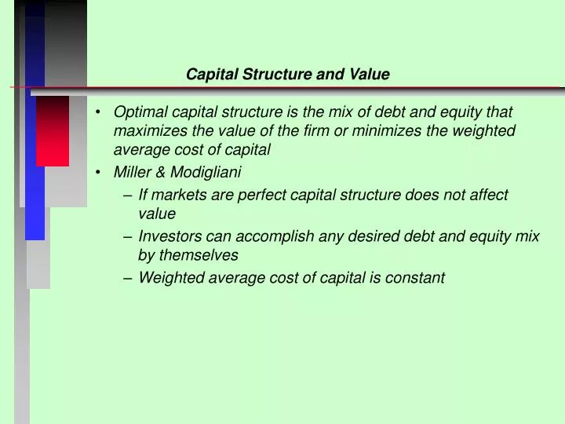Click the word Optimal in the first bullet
pyautogui.click(x=137, y=112)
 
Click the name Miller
pyautogui.click(x=132, y=172)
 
